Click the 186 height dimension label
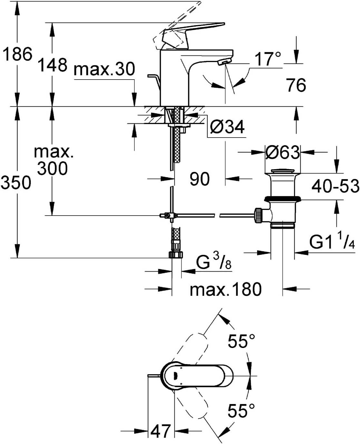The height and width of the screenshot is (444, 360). click(x=17, y=54)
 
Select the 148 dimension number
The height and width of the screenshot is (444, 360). click(x=53, y=65)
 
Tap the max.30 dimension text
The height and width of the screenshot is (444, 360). click(x=104, y=69)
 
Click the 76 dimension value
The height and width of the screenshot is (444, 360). click(x=296, y=85)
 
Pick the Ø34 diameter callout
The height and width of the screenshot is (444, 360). click(x=227, y=127)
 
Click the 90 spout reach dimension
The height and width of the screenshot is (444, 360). click(x=199, y=179)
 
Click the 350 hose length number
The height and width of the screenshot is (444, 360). click(x=16, y=182)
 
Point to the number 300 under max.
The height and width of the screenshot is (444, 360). click(x=52, y=168)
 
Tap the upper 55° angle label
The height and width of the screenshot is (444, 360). click(x=241, y=341)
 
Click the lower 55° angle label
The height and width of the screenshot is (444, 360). click(x=241, y=410)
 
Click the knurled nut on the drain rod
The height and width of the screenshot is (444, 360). click(x=258, y=215)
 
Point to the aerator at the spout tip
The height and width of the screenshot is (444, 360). click(x=224, y=62)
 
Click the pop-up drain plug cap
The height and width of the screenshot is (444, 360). click(x=283, y=171)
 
